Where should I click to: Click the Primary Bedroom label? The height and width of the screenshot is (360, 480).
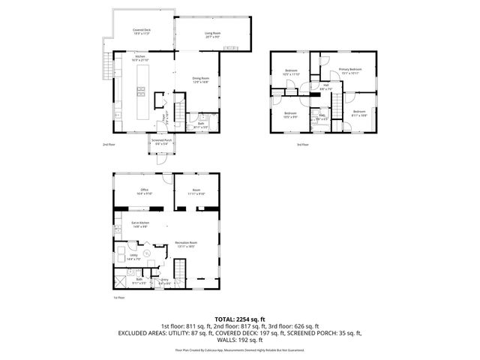point(349,71)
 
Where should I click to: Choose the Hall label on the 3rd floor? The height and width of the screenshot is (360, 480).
point(326,86)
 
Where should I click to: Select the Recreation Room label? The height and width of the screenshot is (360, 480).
point(186,244)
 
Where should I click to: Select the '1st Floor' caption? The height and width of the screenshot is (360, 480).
point(118,298)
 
